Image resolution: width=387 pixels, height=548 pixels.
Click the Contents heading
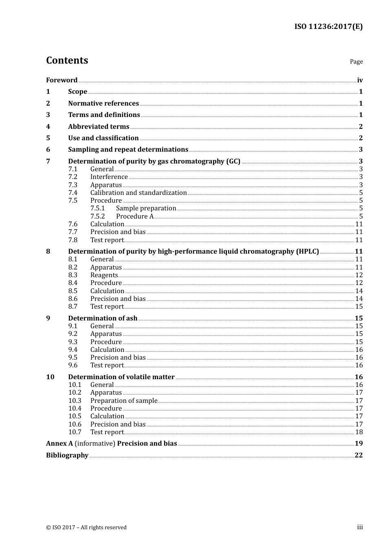67,60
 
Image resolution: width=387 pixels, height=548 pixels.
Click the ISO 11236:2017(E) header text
328,27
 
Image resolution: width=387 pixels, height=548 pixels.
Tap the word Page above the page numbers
356,62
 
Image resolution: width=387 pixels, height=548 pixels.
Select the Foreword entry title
62,80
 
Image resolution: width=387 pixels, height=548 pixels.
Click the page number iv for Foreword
360,80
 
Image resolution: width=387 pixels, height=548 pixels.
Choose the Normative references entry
103,103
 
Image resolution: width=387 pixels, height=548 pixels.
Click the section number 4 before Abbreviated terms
48,126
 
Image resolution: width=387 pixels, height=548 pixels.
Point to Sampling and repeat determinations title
128,149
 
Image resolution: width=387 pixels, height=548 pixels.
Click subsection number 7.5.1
97,208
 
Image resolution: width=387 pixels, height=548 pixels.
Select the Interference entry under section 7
109,177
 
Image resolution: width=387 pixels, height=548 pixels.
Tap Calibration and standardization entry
139,192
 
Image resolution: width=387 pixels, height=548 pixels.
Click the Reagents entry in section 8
104,275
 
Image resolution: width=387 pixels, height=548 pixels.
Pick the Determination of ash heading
103,318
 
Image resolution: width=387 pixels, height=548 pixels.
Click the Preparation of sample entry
123,400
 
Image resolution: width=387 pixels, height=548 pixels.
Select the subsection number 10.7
75,432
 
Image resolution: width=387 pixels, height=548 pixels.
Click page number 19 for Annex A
358,443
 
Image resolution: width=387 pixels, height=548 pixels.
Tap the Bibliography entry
67,455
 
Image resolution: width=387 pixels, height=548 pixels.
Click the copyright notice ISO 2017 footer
86,527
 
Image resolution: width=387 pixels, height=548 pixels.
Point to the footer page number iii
360,527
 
